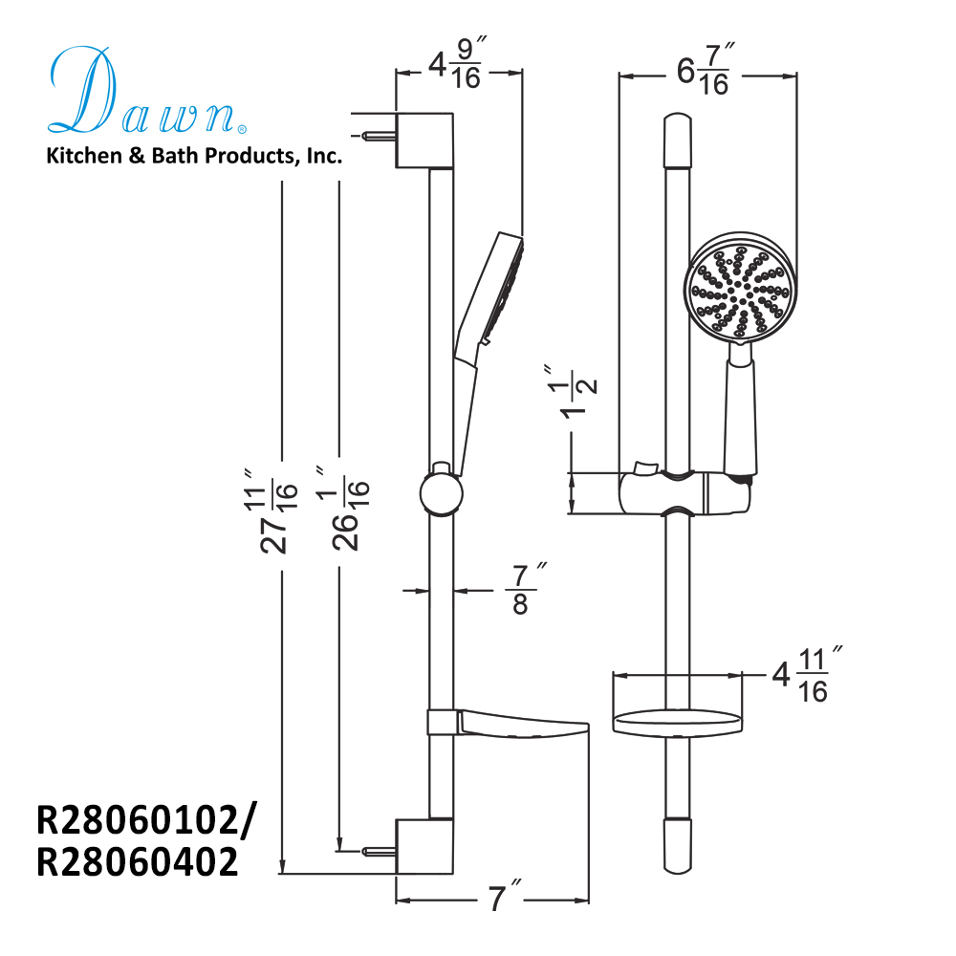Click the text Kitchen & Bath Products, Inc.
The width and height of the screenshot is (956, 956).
click(194, 156)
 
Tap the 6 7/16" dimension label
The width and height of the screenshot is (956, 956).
click(705, 75)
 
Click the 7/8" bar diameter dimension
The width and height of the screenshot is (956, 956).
click(521, 591)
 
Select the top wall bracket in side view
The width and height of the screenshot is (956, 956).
click(424, 140)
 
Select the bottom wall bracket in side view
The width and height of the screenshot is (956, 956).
click(424, 847)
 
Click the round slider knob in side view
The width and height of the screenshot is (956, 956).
click(441, 494)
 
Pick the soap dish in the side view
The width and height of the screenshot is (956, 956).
click(516, 725)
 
